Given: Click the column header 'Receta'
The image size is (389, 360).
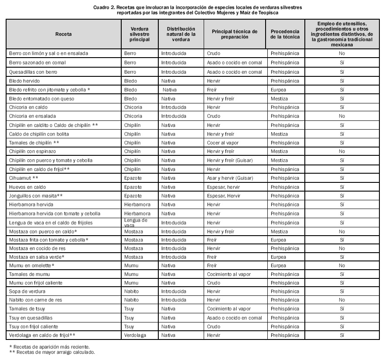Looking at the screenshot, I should [x=63, y=34].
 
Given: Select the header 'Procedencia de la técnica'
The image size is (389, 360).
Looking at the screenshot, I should [x=284, y=34].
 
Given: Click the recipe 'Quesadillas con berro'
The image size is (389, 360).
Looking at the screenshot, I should [x=33, y=72].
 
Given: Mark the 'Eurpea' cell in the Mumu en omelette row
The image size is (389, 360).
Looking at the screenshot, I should [x=278, y=265].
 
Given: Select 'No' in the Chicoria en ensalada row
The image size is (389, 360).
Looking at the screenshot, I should [x=342, y=116].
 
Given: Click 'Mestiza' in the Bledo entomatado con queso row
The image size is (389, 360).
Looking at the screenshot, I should [x=279, y=99].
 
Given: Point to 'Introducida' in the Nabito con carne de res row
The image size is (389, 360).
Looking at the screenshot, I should [x=174, y=300].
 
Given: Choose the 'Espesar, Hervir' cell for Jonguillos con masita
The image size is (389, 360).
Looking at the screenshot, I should [x=224, y=195].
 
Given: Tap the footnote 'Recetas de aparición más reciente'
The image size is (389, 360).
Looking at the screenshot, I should [x=51, y=347].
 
